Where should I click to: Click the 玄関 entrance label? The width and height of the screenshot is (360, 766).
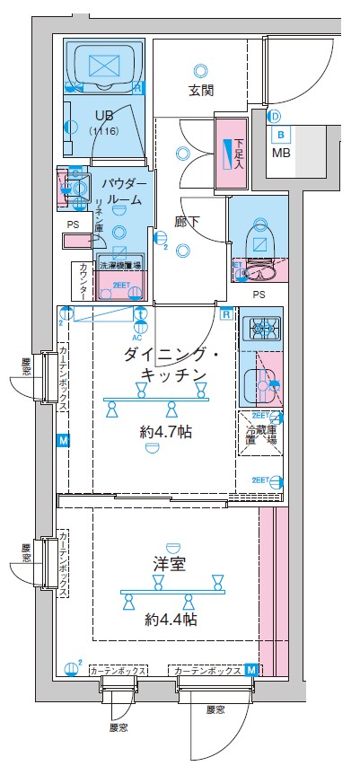coord(200,90)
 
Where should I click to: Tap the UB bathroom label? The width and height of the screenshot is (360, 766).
coord(104,116)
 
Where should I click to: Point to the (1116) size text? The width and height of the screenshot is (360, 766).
coord(104,132)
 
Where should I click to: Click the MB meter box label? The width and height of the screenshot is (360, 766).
coord(282,153)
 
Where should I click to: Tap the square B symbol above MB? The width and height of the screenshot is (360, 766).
coord(282,136)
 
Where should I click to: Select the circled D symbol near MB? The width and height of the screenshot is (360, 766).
coord(275,116)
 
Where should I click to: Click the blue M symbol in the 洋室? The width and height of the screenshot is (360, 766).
coord(250,670)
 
